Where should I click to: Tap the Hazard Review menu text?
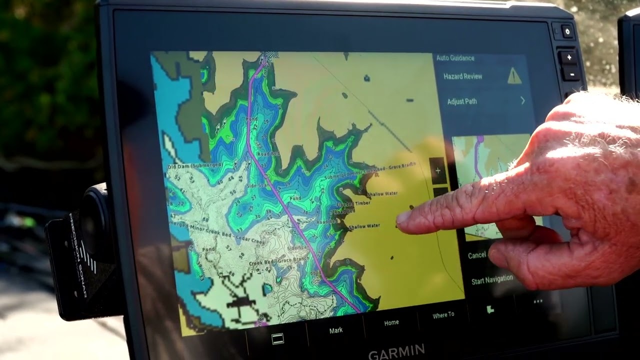tap(462, 76)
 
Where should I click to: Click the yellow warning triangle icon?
tap(514, 76)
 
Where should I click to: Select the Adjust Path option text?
tap(461, 101)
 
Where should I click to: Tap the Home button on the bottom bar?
tap(391, 323)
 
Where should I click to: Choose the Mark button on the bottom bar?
tap(336, 330)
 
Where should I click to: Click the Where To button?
tap(443, 315)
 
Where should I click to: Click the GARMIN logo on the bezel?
tap(396, 351)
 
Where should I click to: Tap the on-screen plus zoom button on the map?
tap(437, 171)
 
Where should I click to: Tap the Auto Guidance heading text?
tap(455, 58)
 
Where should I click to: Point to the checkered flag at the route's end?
tap(265, 59)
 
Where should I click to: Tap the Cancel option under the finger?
tap(476, 255)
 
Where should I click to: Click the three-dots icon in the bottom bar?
tap(538, 301)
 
